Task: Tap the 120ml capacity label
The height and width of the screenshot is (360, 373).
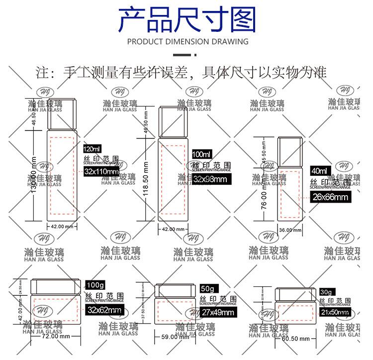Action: (93, 149)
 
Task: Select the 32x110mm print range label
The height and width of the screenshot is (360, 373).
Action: (101, 172)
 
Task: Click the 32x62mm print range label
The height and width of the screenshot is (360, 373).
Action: (104, 310)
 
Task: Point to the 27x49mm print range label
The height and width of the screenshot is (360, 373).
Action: (217, 312)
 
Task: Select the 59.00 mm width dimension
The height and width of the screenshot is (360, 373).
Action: (174, 337)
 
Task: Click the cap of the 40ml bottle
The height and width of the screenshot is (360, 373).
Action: (289, 149)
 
